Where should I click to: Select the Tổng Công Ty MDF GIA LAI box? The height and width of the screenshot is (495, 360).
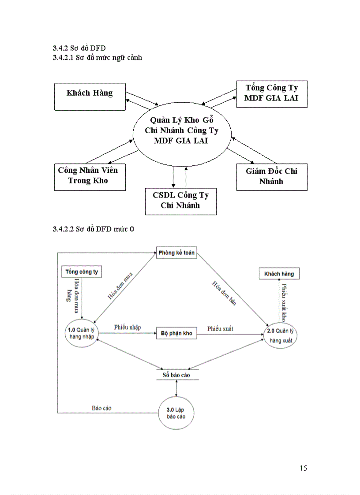coord(271,94)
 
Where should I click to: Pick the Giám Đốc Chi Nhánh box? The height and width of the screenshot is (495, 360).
coord(271,177)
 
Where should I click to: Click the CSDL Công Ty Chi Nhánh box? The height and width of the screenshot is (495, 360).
coord(180,201)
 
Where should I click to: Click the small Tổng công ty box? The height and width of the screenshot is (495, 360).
coord(82,272)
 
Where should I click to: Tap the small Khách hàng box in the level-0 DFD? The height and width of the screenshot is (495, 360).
coord(279,274)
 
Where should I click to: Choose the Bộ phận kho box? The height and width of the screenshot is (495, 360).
coord(176,334)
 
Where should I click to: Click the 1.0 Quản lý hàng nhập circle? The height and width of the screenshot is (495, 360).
coord(82,333)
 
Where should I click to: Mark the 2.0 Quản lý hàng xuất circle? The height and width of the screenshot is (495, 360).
coord(281,335)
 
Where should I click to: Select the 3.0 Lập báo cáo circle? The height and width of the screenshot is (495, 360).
coord(176,413)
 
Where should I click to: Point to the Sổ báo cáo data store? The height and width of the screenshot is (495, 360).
coord(176,375)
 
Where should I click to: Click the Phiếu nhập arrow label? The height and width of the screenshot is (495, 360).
coord(127,327)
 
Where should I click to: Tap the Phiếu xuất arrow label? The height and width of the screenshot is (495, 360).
coord(220,329)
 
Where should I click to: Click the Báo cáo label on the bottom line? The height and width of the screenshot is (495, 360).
coord(101,408)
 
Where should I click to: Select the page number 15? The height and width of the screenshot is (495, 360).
coord(303,468)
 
